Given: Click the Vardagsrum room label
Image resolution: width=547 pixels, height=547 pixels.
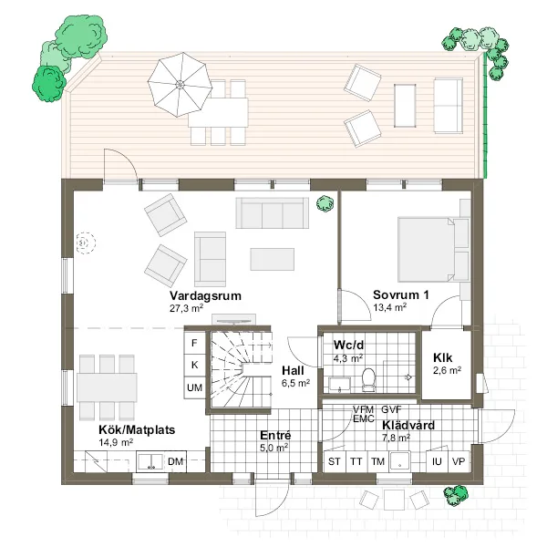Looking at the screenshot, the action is point(205,295).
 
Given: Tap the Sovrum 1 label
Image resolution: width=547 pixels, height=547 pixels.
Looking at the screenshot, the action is point(401,294).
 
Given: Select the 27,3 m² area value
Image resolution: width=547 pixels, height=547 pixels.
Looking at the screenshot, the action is point(186,308).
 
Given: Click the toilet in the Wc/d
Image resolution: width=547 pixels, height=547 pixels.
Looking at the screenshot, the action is point(368,379).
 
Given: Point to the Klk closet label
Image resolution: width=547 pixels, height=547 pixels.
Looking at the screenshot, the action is point(443,358).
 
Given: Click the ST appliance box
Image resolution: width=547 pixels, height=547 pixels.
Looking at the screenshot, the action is point(335,461).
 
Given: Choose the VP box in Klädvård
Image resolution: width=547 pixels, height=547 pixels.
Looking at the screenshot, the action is point(459,461).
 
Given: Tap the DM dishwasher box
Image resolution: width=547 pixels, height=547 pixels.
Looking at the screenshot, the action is point(175,461).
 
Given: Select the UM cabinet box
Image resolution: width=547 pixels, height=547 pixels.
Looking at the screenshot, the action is point(194,387).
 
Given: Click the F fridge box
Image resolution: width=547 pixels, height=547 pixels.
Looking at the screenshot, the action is point(194,343).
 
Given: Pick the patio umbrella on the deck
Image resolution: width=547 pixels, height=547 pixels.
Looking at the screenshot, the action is point(180,85).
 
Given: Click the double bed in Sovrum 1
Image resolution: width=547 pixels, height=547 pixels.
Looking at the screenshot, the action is point(428,250).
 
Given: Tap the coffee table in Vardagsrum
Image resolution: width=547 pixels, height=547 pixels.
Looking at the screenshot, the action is point(272,259).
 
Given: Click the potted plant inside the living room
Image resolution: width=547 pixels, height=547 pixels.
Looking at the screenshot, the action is point(325,203).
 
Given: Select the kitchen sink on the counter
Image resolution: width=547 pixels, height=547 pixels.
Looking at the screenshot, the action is point(150,462).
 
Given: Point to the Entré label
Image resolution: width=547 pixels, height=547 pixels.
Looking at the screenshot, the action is point(275,436).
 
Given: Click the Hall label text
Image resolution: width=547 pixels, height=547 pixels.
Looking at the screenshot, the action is point(293,370).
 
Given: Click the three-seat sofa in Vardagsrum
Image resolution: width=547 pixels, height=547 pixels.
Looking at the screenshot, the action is point(272,212).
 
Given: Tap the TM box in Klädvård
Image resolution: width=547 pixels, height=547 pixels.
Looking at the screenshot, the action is point(377,461).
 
